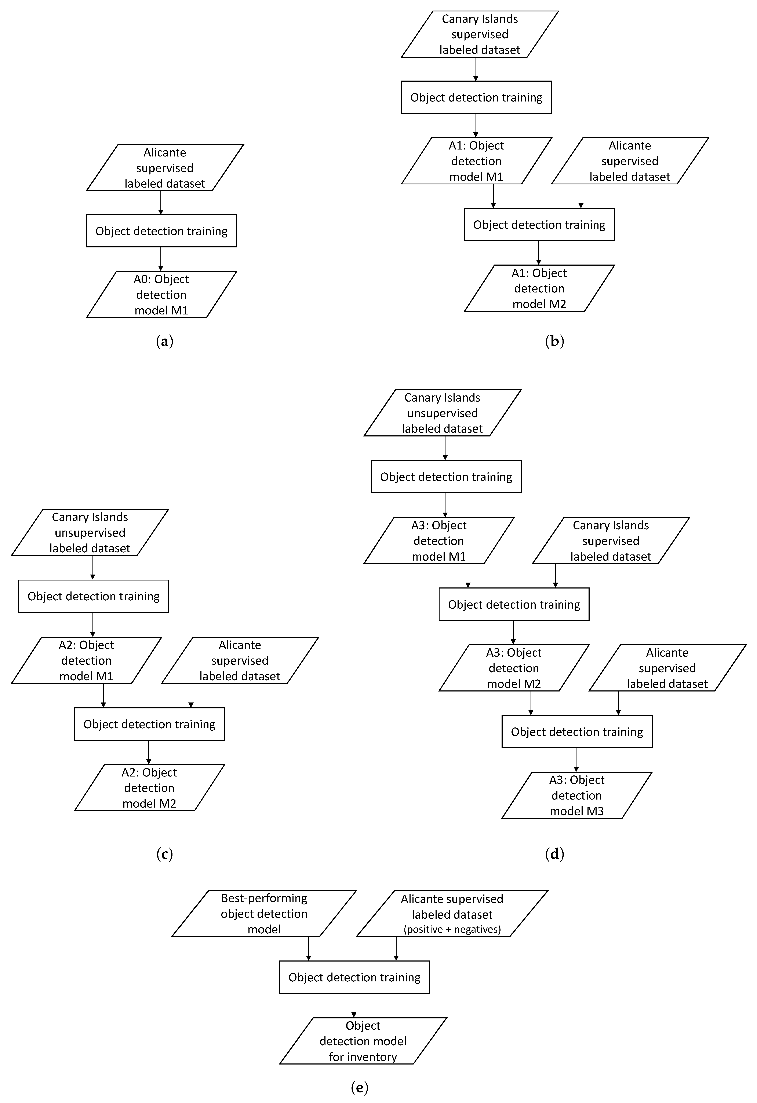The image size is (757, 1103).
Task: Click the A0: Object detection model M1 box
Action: pos(161,295)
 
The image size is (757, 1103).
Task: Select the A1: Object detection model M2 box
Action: pos(539,289)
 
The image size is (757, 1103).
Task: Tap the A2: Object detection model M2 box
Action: pos(149,788)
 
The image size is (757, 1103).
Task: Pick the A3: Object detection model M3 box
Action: pos(577,796)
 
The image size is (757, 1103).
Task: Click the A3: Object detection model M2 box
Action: pos(514,668)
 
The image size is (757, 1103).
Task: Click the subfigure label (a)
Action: pos(164,341)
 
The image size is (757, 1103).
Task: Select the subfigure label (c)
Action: pos(164,854)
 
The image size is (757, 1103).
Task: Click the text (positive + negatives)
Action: pos(452,929)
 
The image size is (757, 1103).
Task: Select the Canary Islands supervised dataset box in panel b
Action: pos(480,34)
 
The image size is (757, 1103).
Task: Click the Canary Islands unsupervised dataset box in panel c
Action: pos(90,532)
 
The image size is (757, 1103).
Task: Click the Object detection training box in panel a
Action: pos(161,231)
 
